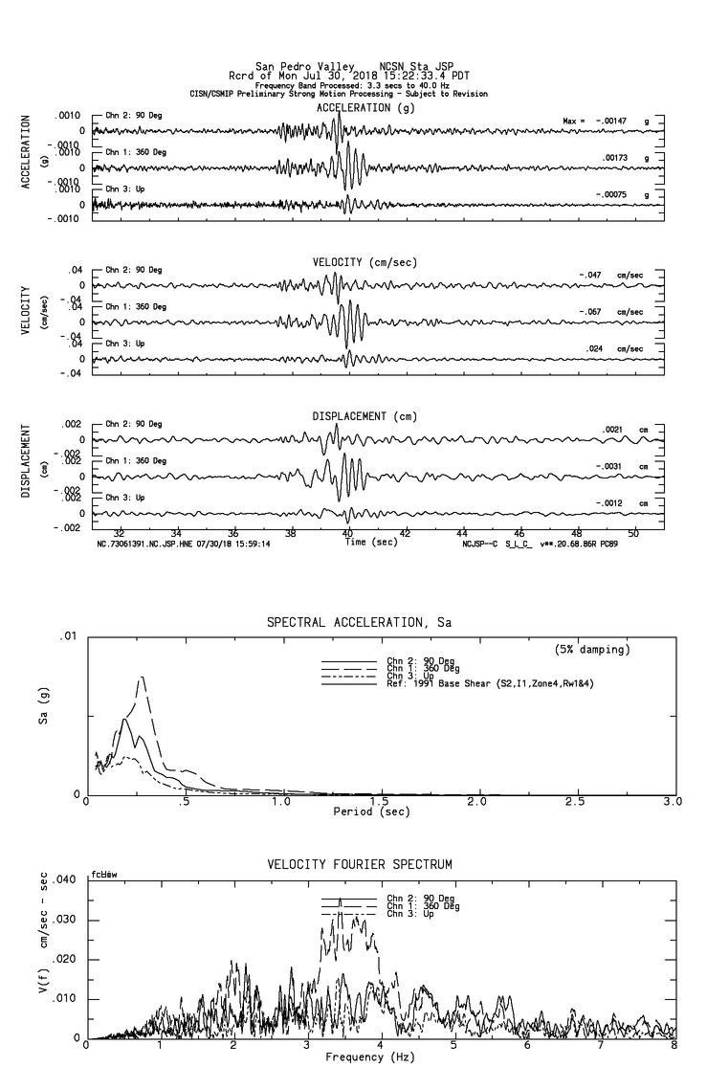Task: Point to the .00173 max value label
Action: [615, 157]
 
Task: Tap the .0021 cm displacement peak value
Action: [613, 429]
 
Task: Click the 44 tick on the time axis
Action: [463, 532]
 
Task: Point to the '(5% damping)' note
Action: [592, 650]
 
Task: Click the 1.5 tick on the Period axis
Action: [380, 802]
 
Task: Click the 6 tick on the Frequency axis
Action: [526, 1046]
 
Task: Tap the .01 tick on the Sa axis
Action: [70, 635]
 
